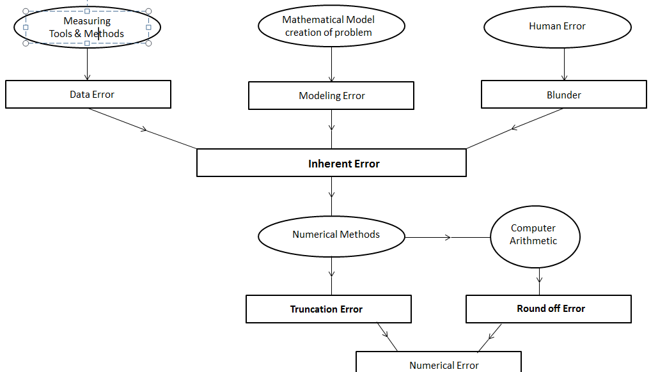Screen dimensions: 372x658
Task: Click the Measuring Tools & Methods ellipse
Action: (87, 27)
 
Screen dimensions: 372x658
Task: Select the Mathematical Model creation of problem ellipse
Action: (331, 26)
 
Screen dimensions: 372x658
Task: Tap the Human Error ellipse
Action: (557, 27)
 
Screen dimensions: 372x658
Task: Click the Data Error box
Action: (88, 95)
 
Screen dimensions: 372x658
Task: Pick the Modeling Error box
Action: (331, 96)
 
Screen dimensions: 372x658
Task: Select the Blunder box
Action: (563, 95)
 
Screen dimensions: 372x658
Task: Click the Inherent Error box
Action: (331, 164)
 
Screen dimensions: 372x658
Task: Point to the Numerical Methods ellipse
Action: (331, 235)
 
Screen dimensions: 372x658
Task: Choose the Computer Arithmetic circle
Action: (535, 236)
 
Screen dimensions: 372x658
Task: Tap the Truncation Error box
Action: (328, 309)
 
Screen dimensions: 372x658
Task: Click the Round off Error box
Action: (549, 309)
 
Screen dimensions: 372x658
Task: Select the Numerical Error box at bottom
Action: (439, 363)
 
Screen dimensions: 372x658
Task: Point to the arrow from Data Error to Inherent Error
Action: (143, 129)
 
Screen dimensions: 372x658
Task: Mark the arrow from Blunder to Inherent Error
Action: (515, 129)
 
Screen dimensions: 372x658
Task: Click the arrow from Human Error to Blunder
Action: (564, 64)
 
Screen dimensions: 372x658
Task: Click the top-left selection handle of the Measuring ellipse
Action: (26, 12)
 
